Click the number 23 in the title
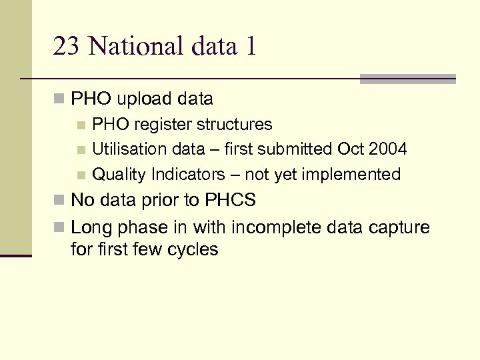pos(66,47)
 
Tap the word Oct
pos(351,149)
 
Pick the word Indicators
pos(189,175)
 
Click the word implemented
pos(351,175)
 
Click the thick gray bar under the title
pos(407,79)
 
